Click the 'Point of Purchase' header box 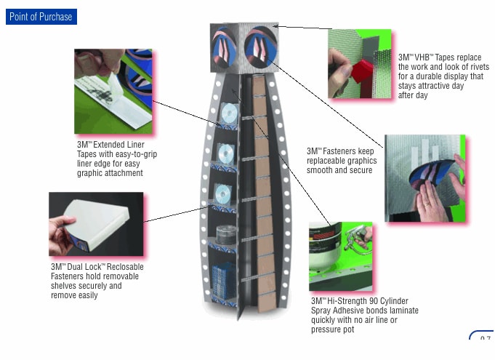point(41,17)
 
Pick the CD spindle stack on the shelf point(223,234)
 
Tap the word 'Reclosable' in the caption point(120,267)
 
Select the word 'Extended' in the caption point(111,145)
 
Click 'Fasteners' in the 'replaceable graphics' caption point(342,151)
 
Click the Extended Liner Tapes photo point(113,90)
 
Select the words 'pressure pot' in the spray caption point(333,329)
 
